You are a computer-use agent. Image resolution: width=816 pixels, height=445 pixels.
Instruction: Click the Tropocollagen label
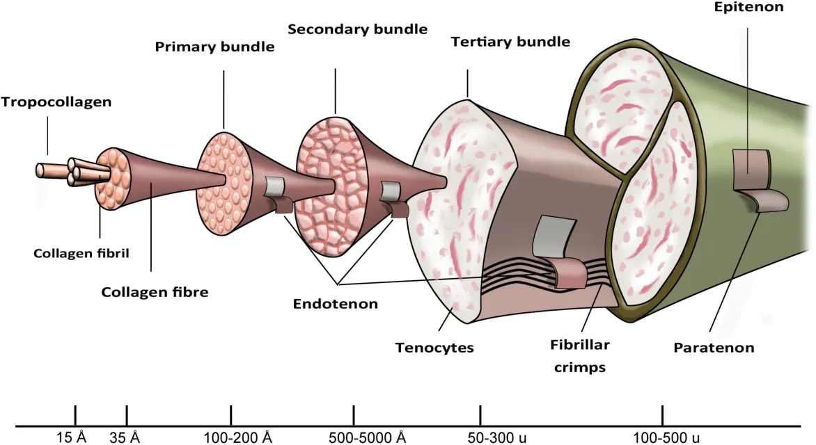click(x=56, y=102)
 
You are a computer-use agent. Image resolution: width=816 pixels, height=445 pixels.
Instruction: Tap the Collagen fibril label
click(x=81, y=253)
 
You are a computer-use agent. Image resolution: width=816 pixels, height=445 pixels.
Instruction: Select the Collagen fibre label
click(x=155, y=291)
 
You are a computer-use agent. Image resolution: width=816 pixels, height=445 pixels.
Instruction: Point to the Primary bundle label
click(x=214, y=47)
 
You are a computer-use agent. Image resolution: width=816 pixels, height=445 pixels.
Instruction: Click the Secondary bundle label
click(x=357, y=29)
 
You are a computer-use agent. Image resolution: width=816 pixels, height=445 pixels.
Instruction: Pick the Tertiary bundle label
click(x=510, y=42)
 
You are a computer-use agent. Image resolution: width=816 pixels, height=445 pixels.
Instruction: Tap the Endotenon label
click(x=335, y=304)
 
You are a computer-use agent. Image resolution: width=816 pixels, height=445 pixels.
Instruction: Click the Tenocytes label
click(x=434, y=347)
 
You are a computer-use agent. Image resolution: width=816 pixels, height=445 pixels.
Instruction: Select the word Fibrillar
click(x=580, y=345)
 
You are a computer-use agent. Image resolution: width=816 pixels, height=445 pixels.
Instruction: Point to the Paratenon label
click(x=714, y=347)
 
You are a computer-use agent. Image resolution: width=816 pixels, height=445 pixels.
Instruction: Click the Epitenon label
click(x=748, y=7)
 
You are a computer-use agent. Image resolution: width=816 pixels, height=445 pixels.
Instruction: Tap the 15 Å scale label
click(x=71, y=437)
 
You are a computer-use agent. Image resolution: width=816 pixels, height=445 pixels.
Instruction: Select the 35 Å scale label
click(x=125, y=437)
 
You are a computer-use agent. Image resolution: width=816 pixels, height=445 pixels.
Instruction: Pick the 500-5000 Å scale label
click(x=368, y=437)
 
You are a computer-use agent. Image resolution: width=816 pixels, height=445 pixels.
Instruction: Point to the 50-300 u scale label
click(x=497, y=437)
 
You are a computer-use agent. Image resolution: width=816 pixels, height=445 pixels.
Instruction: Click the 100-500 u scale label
click(x=666, y=437)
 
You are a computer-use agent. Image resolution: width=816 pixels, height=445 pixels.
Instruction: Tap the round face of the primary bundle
click(x=225, y=184)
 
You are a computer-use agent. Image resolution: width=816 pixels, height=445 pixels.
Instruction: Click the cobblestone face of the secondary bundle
click(x=329, y=186)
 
